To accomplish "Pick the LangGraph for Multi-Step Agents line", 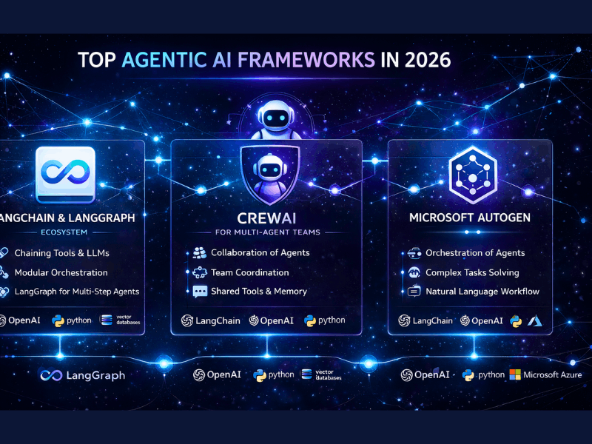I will [77, 291].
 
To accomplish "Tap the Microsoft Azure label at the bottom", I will [553, 374].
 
